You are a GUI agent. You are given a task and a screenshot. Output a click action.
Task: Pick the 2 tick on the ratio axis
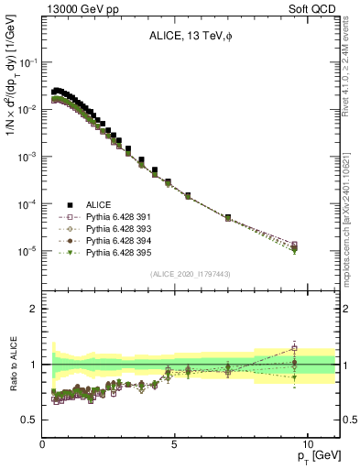coord(33,309)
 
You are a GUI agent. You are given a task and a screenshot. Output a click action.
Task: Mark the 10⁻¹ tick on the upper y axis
coord(28,62)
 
